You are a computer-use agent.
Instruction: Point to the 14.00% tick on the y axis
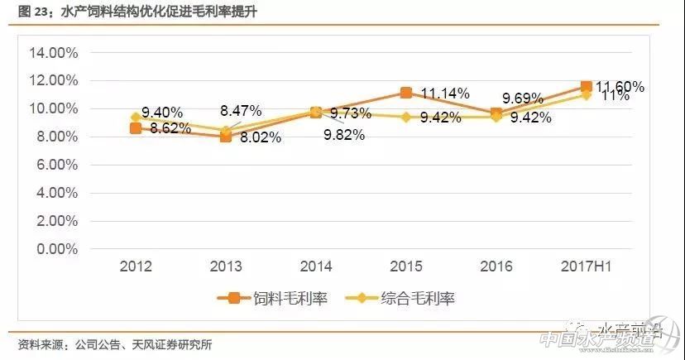pyautogui.click(x=53, y=53)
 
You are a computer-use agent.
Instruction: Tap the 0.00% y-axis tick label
pyautogui.click(x=56, y=248)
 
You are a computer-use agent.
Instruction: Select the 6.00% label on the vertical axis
pyautogui.click(x=56, y=165)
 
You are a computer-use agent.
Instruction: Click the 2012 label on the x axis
pyautogui.click(x=136, y=266)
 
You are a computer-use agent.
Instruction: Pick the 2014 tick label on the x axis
pyautogui.click(x=316, y=266)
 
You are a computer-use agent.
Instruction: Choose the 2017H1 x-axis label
pyautogui.click(x=586, y=266)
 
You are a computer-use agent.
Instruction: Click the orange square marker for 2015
pyautogui.click(x=405, y=93)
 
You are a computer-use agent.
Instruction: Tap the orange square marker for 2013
pyautogui.click(x=225, y=137)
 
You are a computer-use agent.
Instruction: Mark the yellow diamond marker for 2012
pyautogui.click(x=136, y=118)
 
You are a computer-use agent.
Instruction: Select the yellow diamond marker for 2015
pyautogui.click(x=405, y=117)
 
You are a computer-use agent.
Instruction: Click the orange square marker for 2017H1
pyautogui.click(x=586, y=86)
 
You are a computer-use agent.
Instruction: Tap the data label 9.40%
pyautogui.click(x=162, y=113)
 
